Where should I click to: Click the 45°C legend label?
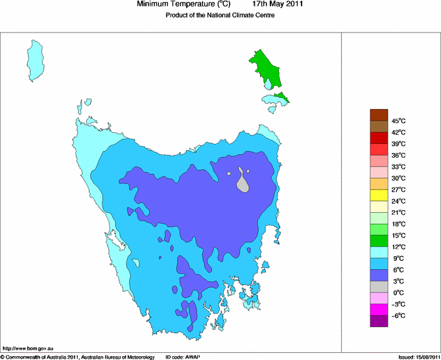click(398, 121)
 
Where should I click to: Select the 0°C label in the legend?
click(398, 293)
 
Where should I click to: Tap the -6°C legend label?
click(398, 315)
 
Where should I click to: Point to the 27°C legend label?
click(398, 189)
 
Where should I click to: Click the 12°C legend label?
click(398, 246)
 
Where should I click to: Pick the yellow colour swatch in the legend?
click(379, 195)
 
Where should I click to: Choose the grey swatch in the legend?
click(379, 287)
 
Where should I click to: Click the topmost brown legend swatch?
click(379, 115)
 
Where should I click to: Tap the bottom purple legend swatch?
click(379, 320)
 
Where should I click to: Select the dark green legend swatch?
click(379, 241)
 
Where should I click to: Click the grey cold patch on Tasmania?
click(243, 182)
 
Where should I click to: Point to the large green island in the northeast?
click(267, 69)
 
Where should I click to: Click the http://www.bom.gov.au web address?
click(28, 348)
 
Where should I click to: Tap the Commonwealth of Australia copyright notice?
click(78, 357)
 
